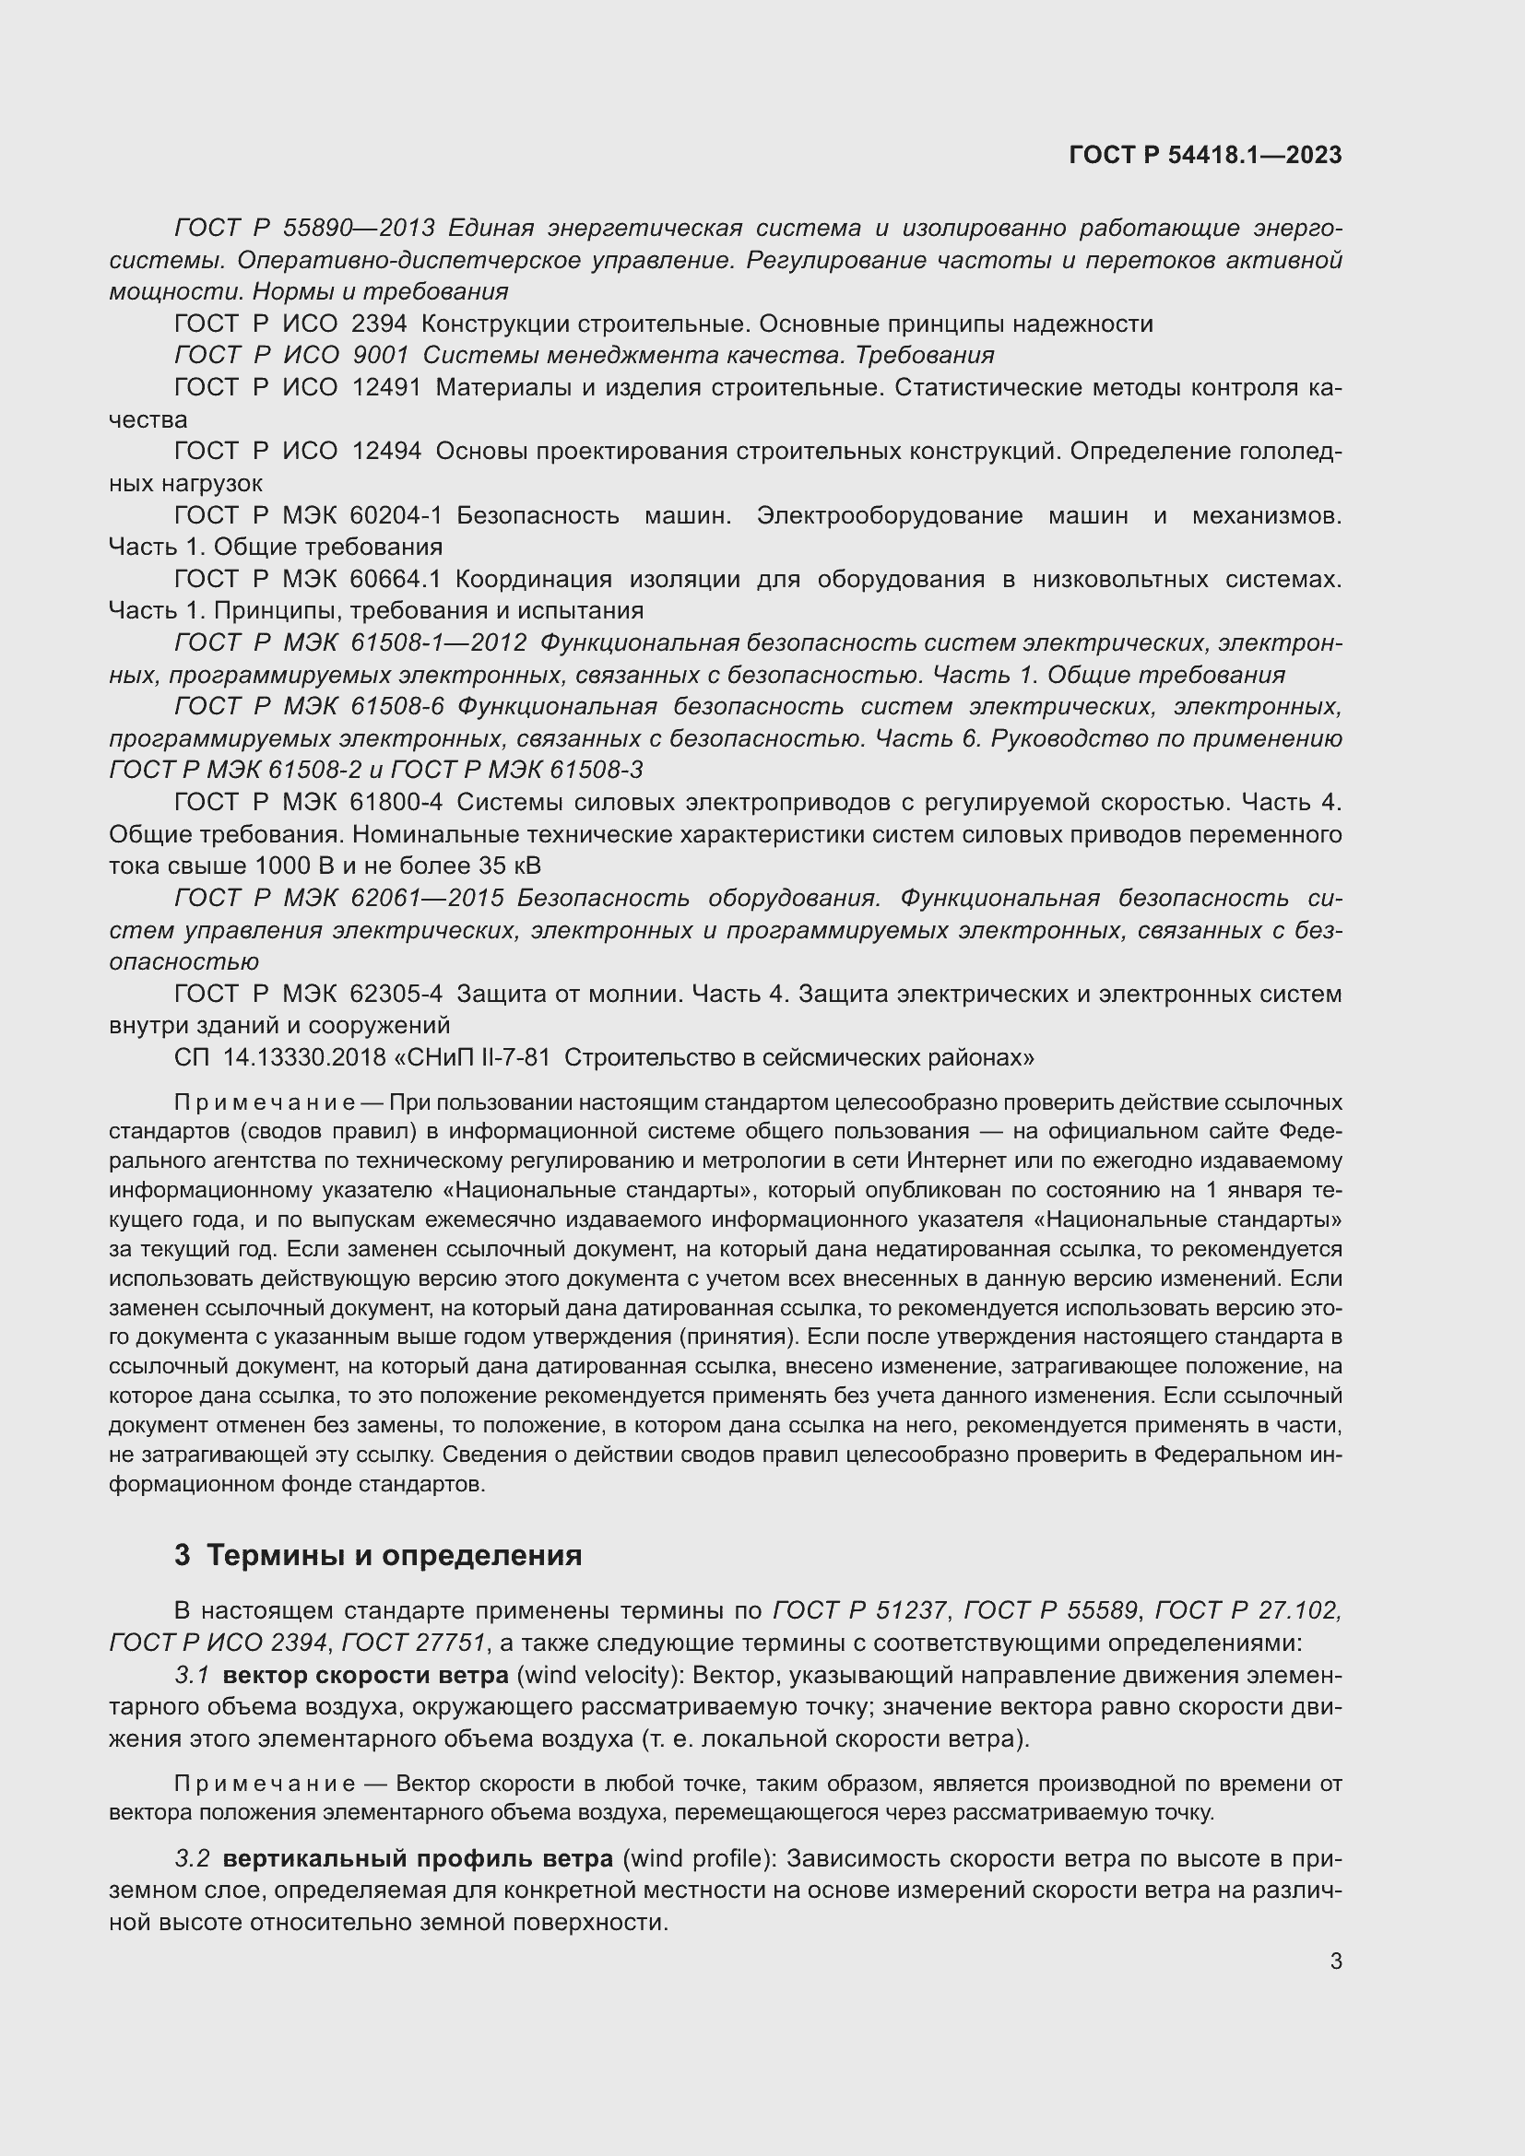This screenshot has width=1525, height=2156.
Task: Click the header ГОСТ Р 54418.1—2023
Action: pyautogui.click(x=1205, y=155)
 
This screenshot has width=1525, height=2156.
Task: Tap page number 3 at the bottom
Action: pyautogui.click(x=1335, y=1961)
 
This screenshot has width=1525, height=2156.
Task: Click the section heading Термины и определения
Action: pyautogui.click(x=394, y=1555)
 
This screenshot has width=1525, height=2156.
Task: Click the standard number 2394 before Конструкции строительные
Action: pyautogui.click(x=379, y=324)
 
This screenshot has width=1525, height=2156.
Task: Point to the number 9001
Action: pyautogui.click(x=380, y=355)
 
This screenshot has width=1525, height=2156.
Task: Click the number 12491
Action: pyautogui.click(x=386, y=387)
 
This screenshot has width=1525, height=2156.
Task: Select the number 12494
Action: pyautogui.click(x=386, y=451)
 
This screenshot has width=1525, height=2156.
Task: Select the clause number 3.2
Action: pyautogui.click(x=193, y=1858)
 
